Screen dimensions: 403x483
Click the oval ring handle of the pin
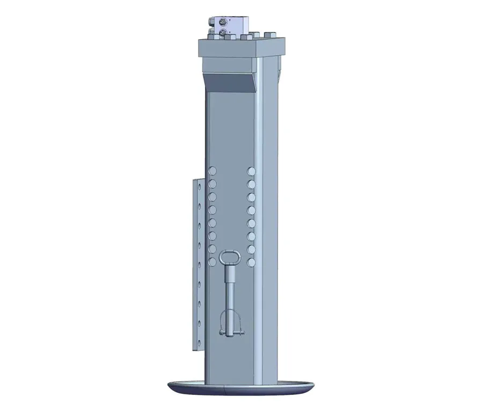point(232,255)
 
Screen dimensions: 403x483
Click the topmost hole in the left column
point(213,171)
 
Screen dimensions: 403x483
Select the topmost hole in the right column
point(251,171)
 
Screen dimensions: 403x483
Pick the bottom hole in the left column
point(213,262)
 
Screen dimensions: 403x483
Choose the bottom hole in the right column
point(251,262)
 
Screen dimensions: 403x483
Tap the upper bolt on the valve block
point(222,23)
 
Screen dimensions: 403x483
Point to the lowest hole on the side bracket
point(199,339)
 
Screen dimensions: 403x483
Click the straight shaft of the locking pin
point(232,295)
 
